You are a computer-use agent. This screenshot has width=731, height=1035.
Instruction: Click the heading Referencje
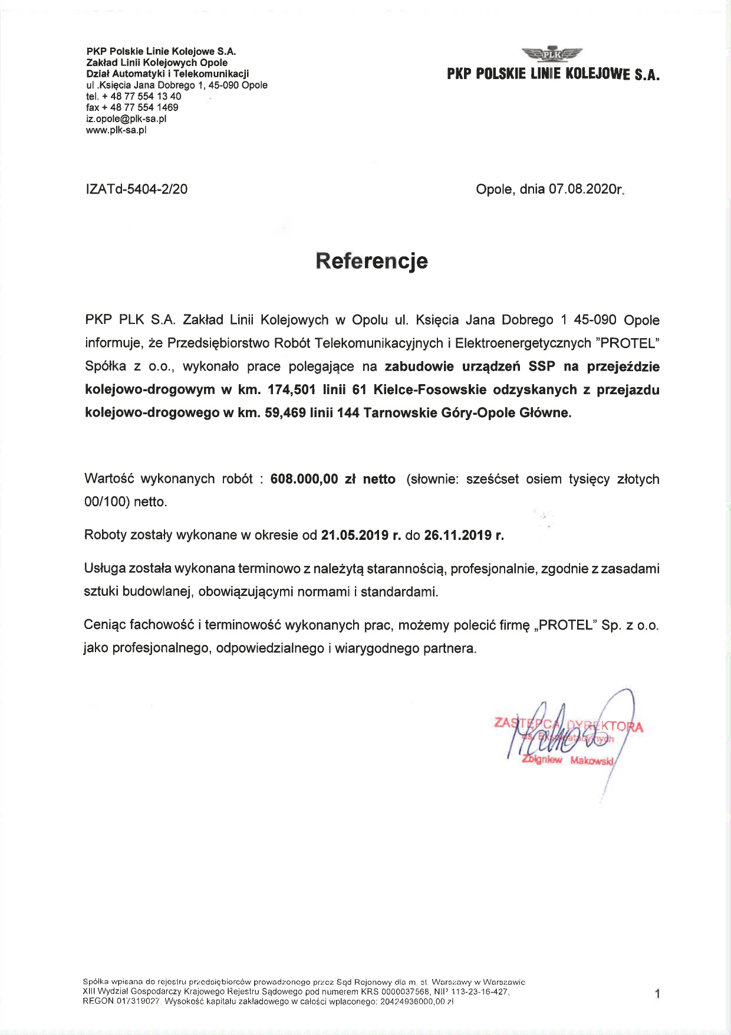pyautogui.click(x=371, y=261)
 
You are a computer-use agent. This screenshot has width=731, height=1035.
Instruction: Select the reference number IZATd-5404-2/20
pyautogui.click(x=137, y=189)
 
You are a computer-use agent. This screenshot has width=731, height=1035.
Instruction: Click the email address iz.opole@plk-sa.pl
pyautogui.click(x=126, y=119)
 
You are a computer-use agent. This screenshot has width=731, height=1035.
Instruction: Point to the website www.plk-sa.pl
pyautogui.click(x=116, y=130)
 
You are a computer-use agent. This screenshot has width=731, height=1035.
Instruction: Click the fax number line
pyautogui.click(x=132, y=107)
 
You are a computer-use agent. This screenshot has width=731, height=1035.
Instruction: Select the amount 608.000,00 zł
pyautogui.click(x=312, y=479)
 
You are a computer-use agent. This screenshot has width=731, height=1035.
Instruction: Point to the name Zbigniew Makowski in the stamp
pyautogui.click(x=568, y=760)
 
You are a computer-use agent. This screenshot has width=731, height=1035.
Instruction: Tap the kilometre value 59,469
pyautogui.click(x=285, y=413)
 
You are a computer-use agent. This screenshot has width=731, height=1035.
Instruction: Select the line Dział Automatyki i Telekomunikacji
pyautogui.click(x=167, y=74)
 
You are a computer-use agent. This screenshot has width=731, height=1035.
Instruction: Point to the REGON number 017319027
pyautogui.click(x=137, y=1001)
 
